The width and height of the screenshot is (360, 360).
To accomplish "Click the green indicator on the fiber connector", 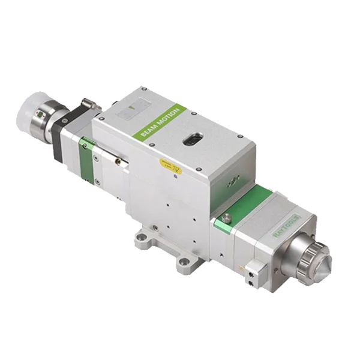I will (41, 115).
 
